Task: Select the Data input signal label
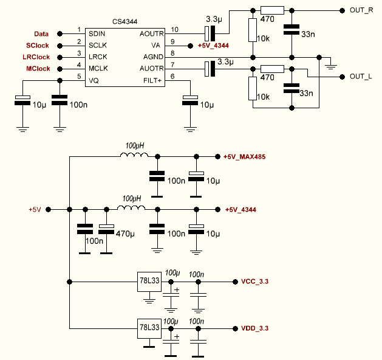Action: click(x=41, y=33)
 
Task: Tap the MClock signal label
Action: click(x=38, y=69)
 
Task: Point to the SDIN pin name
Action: click(x=98, y=33)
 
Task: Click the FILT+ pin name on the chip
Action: click(x=151, y=80)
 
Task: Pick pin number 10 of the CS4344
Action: click(x=175, y=29)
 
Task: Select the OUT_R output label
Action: click(x=361, y=10)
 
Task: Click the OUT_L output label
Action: click(x=361, y=77)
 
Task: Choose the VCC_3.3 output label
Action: click(x=254, y=282)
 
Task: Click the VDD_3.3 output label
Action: click(x=254, y=328)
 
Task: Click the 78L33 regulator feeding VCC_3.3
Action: click(x=149, y=282)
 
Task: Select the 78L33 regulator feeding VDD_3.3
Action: click(x=149, y=328)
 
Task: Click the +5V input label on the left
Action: click(x=34, y=210)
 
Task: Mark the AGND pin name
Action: click(x=151, y=57)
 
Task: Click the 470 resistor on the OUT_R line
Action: click(x=271, y=10)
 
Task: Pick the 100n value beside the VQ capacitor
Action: click(x=78, y=105)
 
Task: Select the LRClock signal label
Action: click(x=36, y=57)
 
